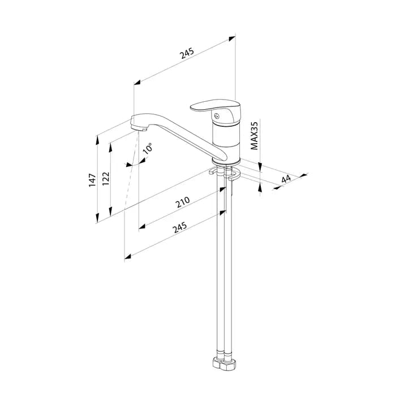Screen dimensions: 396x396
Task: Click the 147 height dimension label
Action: point(92,180)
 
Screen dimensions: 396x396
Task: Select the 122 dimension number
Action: point(106,179)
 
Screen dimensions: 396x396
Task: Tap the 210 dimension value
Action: point(183,202)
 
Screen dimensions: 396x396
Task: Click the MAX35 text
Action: point(254,136)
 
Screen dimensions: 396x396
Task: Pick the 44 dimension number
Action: point(286,179)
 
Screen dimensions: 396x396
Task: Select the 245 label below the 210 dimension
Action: point(180,227)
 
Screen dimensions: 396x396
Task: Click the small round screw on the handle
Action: point(216,116)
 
